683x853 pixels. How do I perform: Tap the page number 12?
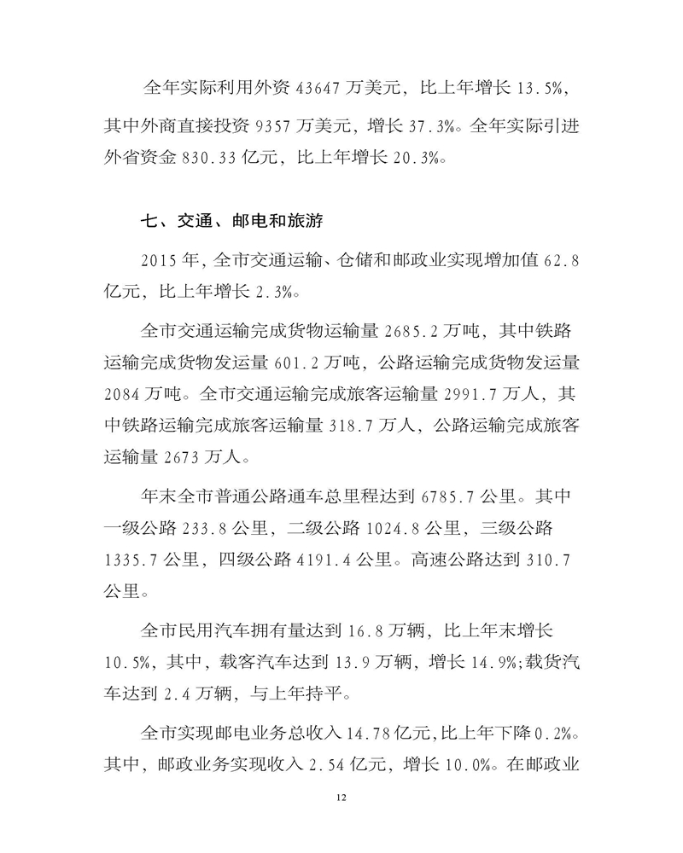tap(341, 797)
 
